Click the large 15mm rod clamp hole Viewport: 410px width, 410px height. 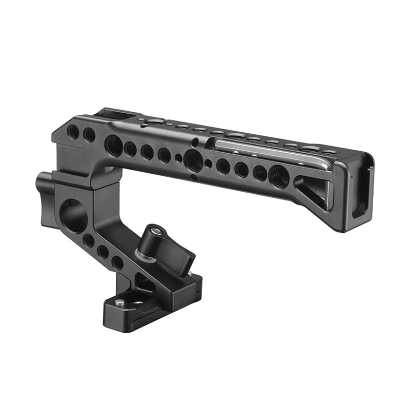tap(73, 215)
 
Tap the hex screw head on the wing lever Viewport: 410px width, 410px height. tap(157, 232)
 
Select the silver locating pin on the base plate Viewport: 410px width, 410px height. tap(119, 303)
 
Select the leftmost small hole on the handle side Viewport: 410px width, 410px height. tap(73, 132)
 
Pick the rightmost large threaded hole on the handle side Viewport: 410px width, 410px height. tap(278, 176)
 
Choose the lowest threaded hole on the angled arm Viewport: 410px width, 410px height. tap(117, 262)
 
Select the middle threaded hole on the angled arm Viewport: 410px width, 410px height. tap(103, 251)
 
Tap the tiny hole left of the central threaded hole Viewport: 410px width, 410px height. tap(177, 157)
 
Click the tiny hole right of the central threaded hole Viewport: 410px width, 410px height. tap(209, 164)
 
